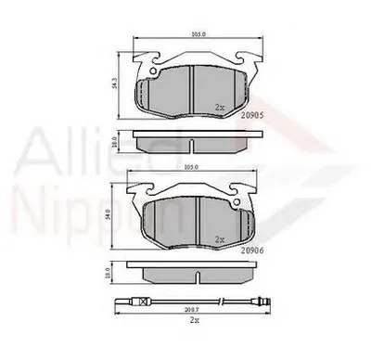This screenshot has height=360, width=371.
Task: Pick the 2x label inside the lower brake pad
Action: click(x=220, y=238)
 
